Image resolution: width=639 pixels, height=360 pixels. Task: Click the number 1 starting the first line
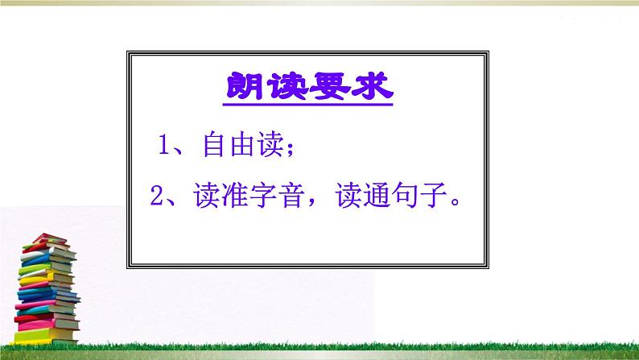(164, 147)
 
